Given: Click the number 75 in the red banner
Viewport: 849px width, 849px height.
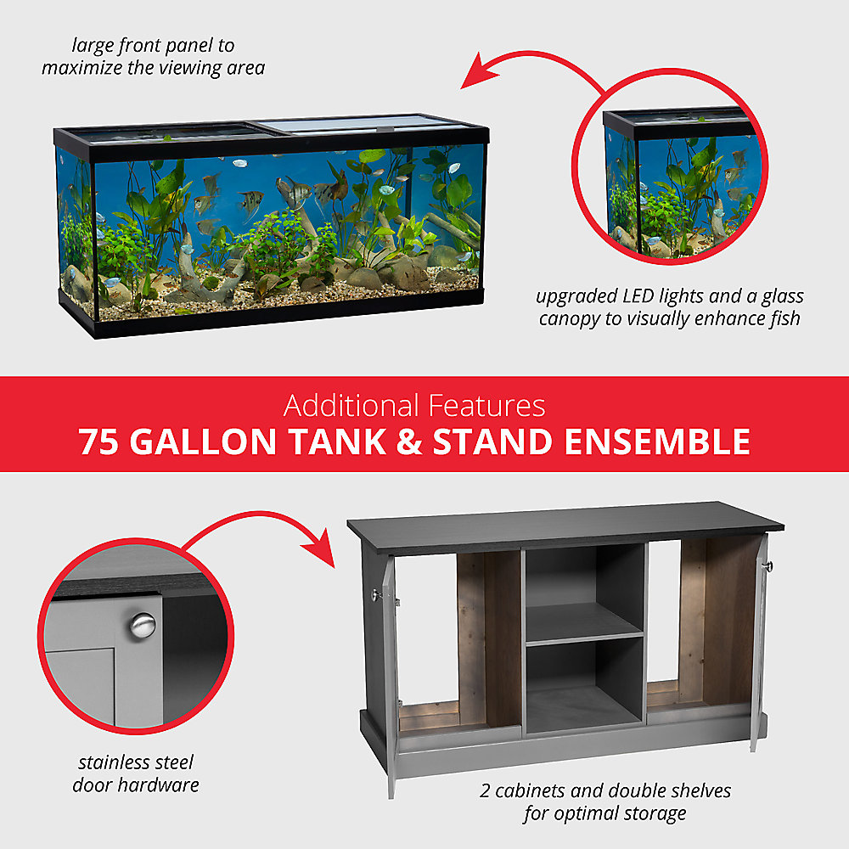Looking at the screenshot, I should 98,442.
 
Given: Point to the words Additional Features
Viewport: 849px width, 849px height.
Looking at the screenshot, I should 414,406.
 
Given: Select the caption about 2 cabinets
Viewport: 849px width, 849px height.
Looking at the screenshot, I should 604,802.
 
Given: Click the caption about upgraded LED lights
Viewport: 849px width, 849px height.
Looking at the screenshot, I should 669,307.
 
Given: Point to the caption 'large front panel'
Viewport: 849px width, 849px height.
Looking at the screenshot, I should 154,56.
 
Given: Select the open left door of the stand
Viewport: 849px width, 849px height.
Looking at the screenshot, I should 389,671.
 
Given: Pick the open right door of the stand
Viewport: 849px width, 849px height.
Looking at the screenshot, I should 758,645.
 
